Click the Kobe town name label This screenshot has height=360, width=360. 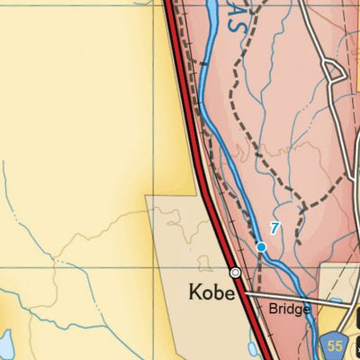211,292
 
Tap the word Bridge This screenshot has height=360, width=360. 289,309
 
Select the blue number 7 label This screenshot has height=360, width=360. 274,229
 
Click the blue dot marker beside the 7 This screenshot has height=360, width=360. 261,246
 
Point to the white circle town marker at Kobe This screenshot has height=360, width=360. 235,272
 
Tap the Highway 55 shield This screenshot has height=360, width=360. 334,344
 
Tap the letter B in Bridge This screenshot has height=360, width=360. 272,309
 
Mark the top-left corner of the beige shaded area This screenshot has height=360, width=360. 147,196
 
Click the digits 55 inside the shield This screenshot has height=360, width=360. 334,345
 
